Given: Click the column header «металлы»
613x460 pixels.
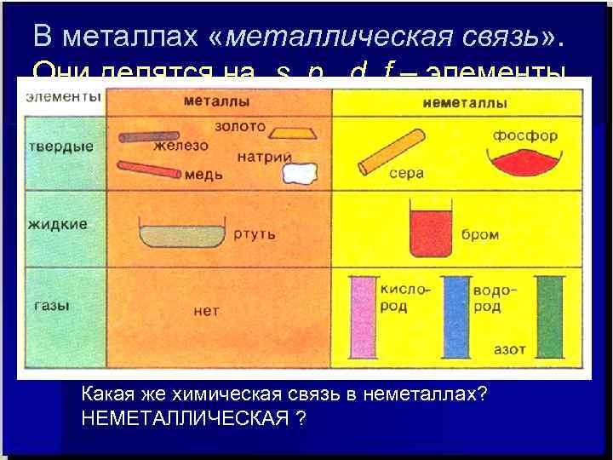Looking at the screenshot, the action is pos(215,101).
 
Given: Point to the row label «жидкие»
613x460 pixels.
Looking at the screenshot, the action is pos(57,225).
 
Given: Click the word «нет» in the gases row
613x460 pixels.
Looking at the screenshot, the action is pos(206,311).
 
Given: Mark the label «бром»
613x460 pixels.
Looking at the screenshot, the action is pos(479,234).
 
